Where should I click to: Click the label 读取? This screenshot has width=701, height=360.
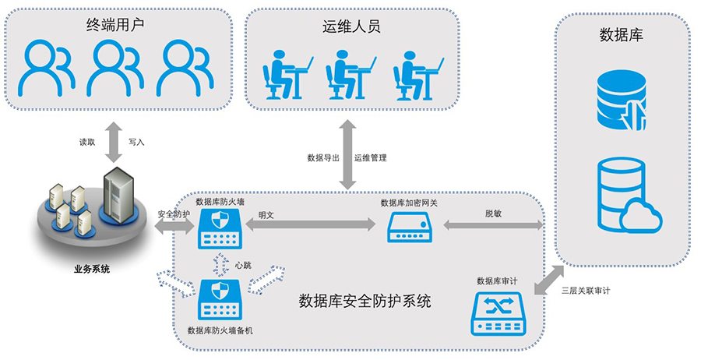click(87, 143)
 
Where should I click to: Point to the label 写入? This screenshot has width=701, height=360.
click(136, 143)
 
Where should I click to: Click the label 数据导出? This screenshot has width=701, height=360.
click(323, 157)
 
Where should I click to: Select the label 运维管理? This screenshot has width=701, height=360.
click(371, 157)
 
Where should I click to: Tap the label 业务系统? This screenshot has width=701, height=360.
click(92, 270)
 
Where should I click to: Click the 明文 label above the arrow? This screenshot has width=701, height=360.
click(266, 213)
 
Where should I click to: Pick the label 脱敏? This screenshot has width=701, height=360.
click(492, 213)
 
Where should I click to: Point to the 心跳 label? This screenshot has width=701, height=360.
click(242, 264)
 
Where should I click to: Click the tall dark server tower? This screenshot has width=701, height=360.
click(119, 193)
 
